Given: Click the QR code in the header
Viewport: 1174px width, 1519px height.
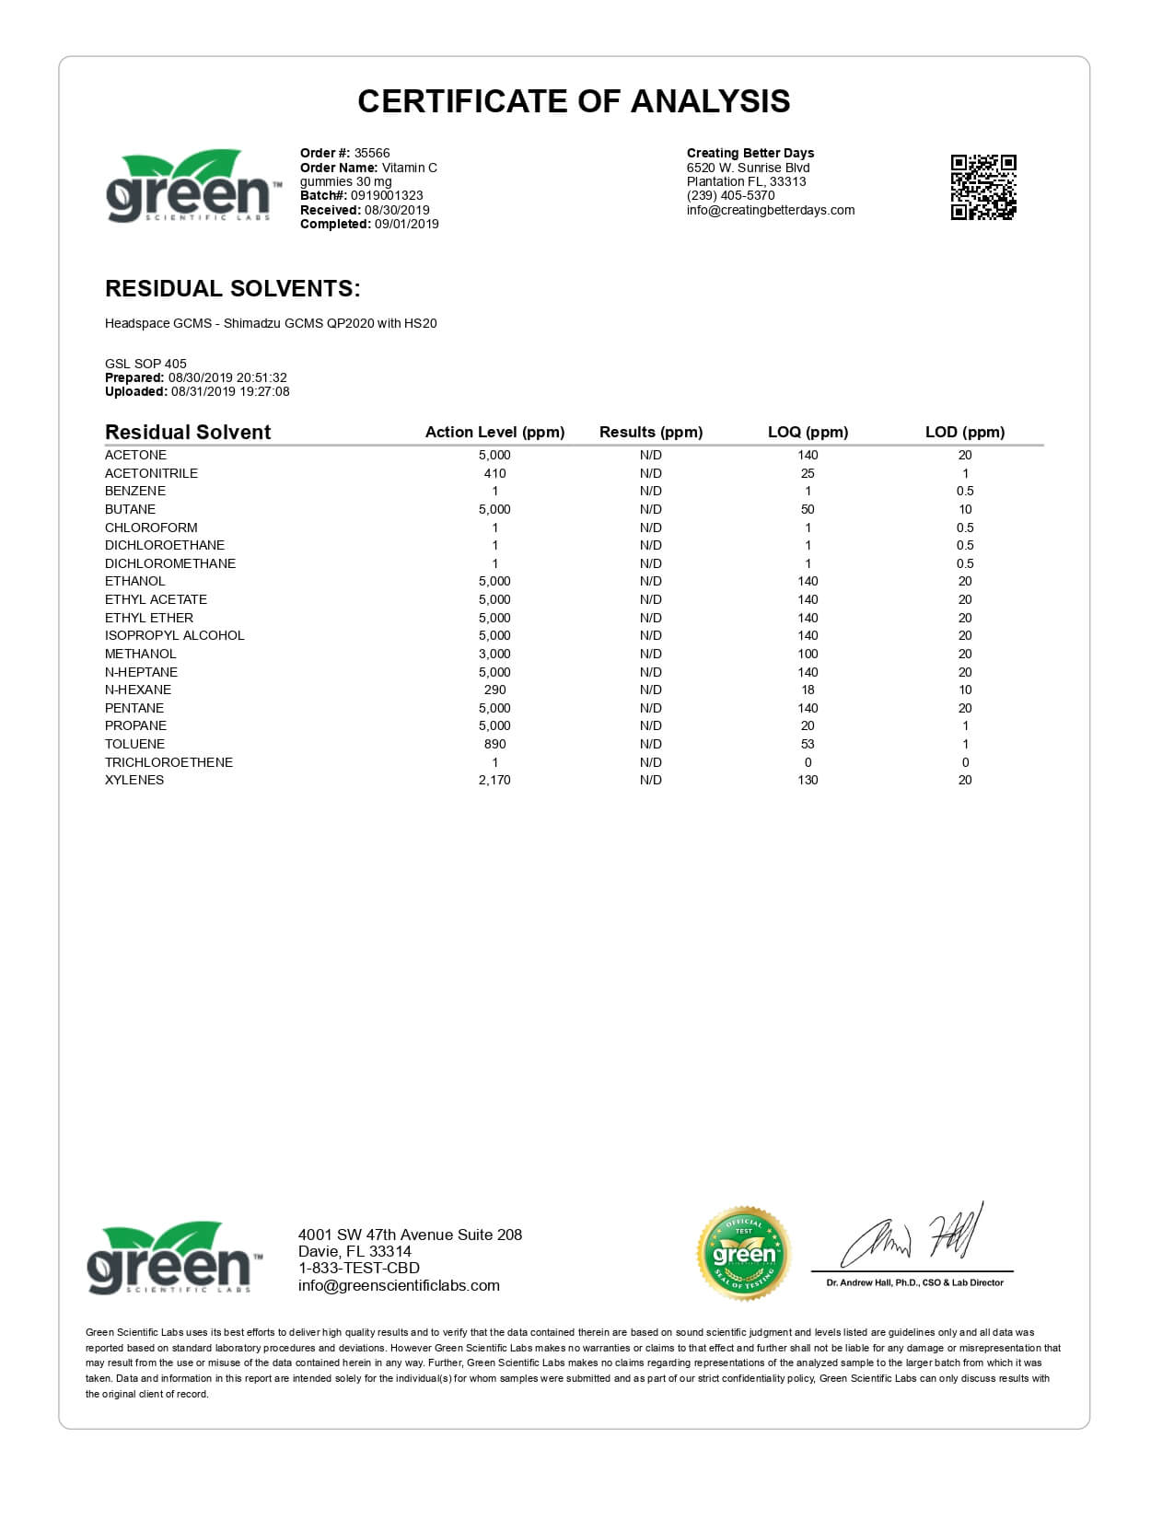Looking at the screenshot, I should tap(982, 187).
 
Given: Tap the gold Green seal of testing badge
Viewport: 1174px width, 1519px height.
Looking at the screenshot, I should tap(743, 1253).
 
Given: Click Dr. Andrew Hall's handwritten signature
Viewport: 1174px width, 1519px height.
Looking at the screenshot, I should tap(912, 1237).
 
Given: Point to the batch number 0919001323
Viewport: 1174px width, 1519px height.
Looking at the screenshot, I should tap(387, 195).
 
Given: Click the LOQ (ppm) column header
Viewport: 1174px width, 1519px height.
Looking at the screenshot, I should tap(808, 432).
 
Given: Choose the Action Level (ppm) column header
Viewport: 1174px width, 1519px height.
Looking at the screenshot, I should tap(494, 432).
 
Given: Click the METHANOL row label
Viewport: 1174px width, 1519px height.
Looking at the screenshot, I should tap(140, 654).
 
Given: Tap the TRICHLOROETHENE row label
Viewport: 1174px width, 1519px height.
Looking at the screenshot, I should tap(169, 762).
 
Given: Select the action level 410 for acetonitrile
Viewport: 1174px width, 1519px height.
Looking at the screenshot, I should tap(494, 473).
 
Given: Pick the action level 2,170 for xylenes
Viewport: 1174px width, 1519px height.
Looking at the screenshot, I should tap(494, 780).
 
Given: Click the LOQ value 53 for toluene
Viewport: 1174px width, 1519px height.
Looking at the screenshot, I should tap(808, 744).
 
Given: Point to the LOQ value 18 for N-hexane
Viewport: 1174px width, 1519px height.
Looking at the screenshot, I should tap(808, 690).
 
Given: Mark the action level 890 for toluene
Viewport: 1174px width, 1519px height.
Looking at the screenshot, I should tap(494, 744).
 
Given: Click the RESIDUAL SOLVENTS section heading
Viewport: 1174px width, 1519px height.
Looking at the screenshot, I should tap(232, 288).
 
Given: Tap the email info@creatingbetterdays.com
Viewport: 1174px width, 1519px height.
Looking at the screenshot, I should tap(771, 210).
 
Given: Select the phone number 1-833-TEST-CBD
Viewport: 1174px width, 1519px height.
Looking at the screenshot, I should tap(359, 1269).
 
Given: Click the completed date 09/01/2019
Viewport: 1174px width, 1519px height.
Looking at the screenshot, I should tap(406, 224).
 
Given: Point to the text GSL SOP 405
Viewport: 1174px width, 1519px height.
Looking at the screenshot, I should tap(145, 364).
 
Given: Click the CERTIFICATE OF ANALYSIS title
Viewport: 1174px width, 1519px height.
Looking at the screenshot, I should tap(574, 101).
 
